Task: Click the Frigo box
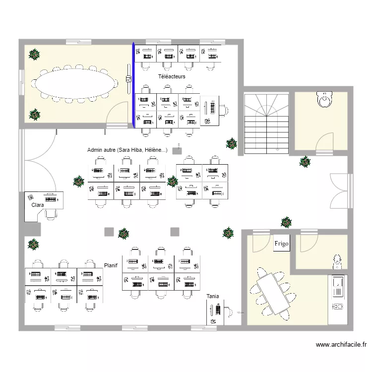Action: point(281,243)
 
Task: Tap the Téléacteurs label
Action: point(172,76)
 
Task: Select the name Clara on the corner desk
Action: point(38,205)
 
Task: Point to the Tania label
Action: point(213,296)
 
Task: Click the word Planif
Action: point(111,265)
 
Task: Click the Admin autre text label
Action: point(127,150)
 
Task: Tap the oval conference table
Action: point(74,84)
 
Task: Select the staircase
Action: point(266,124)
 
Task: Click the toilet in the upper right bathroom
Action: point(324,100)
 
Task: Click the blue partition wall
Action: point(133,85)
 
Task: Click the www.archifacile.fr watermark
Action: point(341,345)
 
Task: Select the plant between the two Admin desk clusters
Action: point(172,182)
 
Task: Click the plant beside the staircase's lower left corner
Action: point(231,143)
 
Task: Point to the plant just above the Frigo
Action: point(286,222)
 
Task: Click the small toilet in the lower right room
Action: point(337,262)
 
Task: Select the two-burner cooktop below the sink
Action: point(338,307)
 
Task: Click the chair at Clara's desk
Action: point(51,214)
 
